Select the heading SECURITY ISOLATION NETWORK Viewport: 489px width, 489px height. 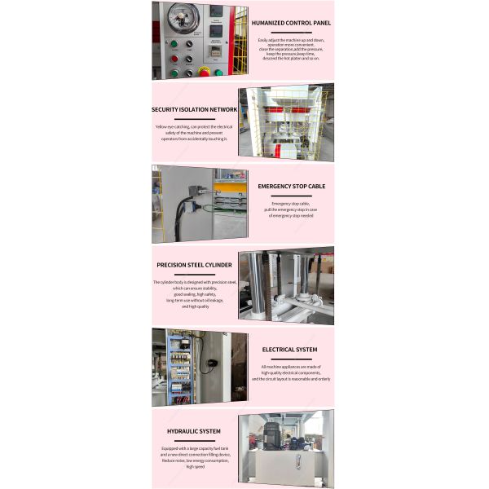[x=195, y=109]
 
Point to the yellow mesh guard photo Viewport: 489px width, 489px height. [x=285, y=120]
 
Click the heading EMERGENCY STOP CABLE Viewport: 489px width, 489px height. [x=291, y=186]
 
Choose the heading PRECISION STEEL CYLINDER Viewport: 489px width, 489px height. [x=194, y=265]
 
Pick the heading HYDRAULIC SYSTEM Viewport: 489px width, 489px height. [x=194, y=431]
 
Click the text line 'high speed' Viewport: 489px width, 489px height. [x=195, y=467]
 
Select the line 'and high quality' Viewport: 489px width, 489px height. [x=195, y=306]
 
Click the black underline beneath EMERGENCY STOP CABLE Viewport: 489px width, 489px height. [x=291, y=195]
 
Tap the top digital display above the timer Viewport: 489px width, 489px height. [x=217, y=11]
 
